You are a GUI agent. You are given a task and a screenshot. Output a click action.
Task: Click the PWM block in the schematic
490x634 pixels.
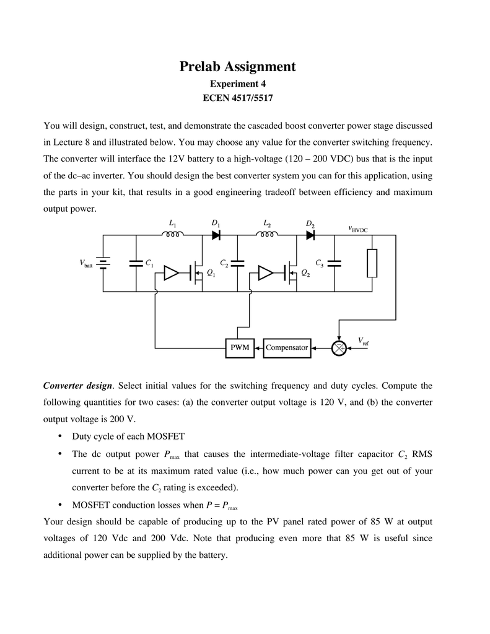coord(240,348)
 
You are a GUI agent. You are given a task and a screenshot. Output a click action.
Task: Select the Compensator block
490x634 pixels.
coord(287,348)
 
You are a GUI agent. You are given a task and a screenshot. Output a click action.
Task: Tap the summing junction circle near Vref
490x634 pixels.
coord(339,348)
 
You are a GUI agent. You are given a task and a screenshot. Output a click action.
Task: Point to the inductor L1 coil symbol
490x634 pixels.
coord(173,234)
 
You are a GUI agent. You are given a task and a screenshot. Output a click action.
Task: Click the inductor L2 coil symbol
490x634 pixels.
coord(268,234)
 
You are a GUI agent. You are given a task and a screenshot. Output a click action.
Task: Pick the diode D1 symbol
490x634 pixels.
coord(216,235)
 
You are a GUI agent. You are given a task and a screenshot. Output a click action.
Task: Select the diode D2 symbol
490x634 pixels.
coord(311,235)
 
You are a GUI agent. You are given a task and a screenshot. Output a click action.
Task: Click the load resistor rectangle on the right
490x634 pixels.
coord(372,263)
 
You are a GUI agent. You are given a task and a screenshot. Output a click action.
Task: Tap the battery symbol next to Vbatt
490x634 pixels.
coord(103,263)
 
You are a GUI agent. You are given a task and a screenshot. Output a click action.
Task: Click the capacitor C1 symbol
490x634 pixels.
coord(136,263)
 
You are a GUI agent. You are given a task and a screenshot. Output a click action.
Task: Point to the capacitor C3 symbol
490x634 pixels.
coord(335,263)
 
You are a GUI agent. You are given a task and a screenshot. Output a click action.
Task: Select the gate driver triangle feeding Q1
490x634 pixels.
coord(171,273)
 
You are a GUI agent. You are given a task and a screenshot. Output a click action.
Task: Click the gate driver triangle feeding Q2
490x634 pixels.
coord(266,273)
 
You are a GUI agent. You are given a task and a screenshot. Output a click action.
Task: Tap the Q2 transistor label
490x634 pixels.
coord(306,274)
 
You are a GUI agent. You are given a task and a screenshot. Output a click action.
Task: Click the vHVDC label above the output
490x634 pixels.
coord(358,229)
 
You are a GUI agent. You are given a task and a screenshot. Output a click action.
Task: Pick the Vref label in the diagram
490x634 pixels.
coord(364,341)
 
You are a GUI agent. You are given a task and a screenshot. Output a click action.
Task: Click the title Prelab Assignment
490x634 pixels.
coord(237,66)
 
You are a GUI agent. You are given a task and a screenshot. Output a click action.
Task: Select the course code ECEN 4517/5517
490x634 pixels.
coord(237,98)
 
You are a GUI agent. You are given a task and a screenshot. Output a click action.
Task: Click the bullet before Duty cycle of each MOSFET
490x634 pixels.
coord(60,436)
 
